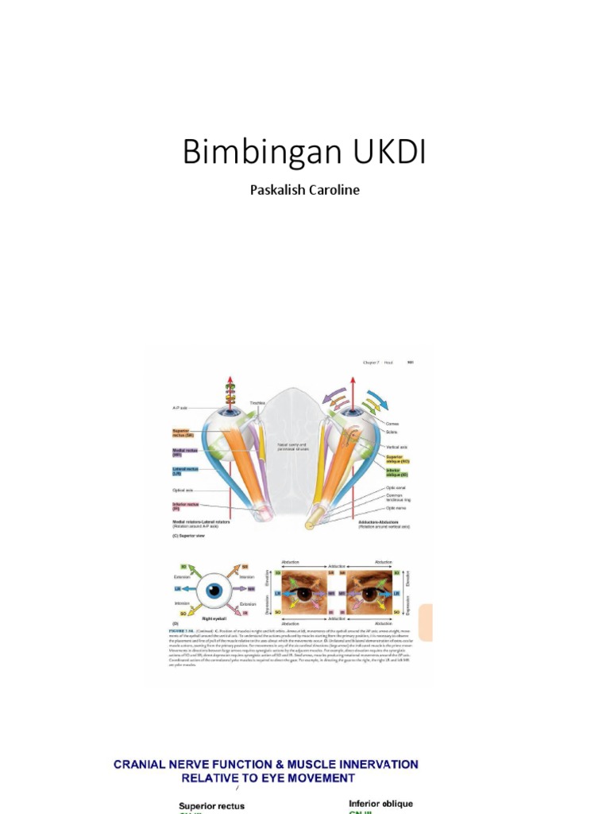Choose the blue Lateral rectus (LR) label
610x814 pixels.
pos(183,471)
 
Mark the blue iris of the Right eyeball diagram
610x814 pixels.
pos(214,591)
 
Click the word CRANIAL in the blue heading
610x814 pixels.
pos(142,765)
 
